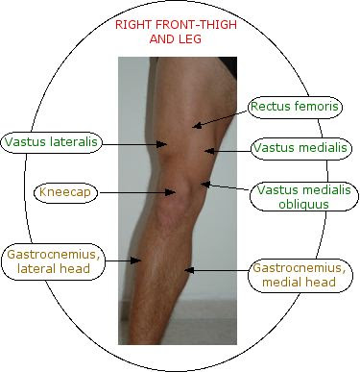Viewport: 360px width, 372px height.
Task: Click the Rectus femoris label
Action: (294, 107)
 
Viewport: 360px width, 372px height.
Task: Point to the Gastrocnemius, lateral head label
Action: (52, 262)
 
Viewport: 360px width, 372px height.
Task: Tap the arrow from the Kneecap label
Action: (135, 192)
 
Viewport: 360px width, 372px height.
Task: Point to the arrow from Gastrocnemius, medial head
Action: (215, 270)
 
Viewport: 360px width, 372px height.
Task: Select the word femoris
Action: (317, 107)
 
